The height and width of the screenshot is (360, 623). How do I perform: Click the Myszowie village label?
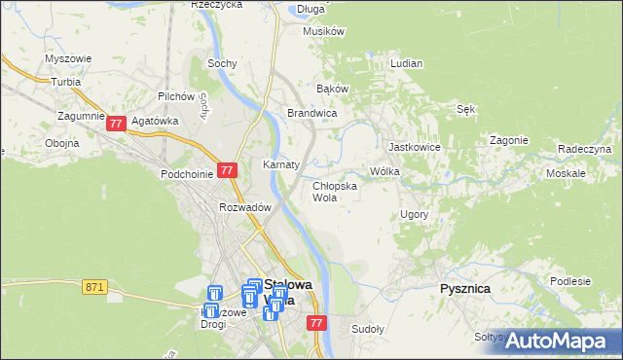(68, 58)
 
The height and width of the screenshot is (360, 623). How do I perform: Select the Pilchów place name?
(177, 97)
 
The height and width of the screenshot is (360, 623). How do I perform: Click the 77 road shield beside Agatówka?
(116, 124)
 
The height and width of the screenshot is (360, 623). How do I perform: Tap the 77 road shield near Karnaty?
(227, 169)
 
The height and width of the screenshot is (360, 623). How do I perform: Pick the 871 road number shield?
(94, 286)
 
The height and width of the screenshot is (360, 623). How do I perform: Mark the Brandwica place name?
(311, 113)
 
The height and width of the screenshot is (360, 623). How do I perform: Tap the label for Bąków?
(333, 89)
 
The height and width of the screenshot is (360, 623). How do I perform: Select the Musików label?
(324, 31)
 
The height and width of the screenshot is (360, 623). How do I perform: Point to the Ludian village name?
(406, 63)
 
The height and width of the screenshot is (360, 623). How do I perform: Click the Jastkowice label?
(415, 147)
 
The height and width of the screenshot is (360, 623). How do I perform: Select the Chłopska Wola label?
(334, 191)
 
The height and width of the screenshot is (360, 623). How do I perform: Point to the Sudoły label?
(368, 328)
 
